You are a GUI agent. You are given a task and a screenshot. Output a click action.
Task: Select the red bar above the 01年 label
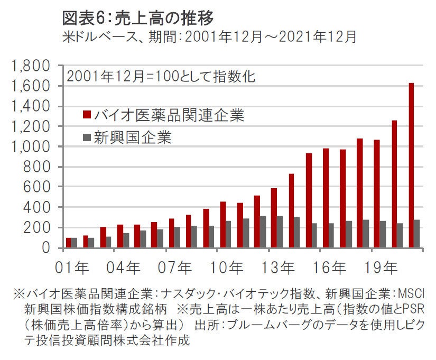(x=69, y=243)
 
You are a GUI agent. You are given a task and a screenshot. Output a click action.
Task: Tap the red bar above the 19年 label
(x=377, y=193)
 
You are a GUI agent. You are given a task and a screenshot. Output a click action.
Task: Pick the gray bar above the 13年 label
(x=280, y=232)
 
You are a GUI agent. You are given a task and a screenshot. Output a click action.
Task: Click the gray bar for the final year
(x=418, y=234)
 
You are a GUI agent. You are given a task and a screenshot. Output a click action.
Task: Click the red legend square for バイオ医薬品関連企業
(x=87, y=115)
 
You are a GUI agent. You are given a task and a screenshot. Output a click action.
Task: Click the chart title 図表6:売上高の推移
(x=138, y=19)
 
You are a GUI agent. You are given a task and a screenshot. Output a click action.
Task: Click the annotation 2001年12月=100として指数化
(x=162, y=76)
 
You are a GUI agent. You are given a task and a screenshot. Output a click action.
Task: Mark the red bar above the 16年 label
(x=326, y=198)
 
